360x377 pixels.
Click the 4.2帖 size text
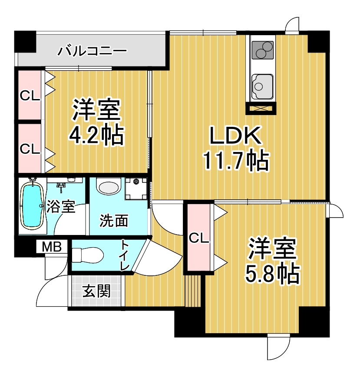pos(96,136)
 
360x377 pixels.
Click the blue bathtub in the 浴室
pos(31,205)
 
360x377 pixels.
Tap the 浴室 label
pos(61,206)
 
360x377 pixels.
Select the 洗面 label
pos(114,221)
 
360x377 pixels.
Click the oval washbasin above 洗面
pos(108,187)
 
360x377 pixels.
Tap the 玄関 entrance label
pos(96,291)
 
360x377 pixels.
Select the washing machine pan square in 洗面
pos(136,188)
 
